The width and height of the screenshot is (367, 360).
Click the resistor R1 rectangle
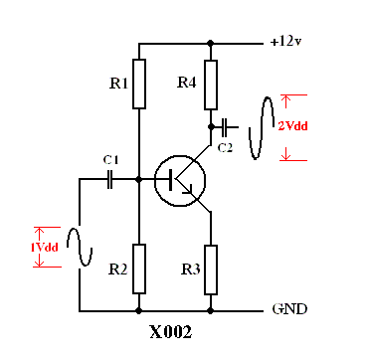coord(139,84)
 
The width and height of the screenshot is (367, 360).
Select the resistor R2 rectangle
coord(139,269)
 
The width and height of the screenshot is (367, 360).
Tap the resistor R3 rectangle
coord(211,270)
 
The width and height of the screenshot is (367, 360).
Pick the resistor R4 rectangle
coord(211,85)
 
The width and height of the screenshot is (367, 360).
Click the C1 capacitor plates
coord(110,179)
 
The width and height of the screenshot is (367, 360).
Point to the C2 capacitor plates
coord(225,127)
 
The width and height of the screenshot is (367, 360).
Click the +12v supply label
coord(285,42)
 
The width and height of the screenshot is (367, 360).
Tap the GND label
coord(289,309)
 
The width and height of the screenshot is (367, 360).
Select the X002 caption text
coord(171,332)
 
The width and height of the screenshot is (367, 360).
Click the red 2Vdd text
coord(292,126)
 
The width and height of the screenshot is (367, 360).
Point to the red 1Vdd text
coord(45,248)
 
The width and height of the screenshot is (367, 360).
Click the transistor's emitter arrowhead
coord(188,190)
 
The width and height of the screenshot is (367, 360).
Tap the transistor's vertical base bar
coord(171,180)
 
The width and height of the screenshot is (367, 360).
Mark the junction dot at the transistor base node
coord(139,179)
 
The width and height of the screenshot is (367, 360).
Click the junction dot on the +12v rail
coord(210,43)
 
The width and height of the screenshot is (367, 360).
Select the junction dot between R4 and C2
coord(211,127)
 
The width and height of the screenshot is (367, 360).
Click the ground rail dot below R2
coord(139,311)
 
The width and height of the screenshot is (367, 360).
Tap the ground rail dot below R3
coord(211,311)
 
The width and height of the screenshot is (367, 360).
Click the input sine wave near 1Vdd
coord(80,247)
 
